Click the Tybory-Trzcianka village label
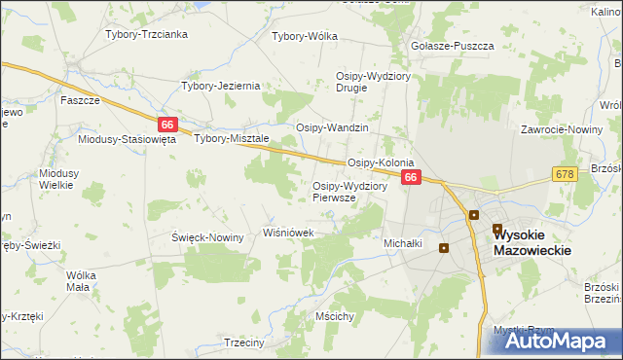146,34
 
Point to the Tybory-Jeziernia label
221,86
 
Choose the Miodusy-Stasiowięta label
127,139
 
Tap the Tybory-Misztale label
232,138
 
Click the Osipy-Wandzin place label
333,127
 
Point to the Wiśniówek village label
289,233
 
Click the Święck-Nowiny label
207,238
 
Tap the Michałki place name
403,243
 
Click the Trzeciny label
244,342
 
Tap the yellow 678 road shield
565,173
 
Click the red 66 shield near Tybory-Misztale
168,125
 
